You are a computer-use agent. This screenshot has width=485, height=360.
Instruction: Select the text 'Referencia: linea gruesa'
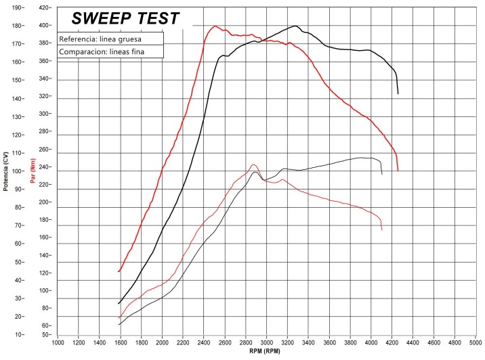100,39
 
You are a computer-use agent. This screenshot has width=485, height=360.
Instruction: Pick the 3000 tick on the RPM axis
267,343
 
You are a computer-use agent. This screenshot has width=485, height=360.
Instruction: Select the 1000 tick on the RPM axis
58,343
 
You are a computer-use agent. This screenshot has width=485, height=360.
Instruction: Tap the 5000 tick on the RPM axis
476,343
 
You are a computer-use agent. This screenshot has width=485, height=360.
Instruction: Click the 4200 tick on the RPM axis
392,343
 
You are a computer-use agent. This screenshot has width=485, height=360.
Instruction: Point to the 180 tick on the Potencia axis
16,26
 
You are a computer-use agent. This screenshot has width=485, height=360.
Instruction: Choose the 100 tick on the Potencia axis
16,171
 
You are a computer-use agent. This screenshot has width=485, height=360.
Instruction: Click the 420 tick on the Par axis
45,7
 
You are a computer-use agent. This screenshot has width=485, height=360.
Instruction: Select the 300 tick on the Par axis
45,114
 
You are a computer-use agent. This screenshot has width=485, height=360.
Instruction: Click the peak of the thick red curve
215,26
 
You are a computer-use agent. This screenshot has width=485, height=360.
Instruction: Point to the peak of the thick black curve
296,26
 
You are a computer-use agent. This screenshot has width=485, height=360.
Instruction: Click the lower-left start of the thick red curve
119,272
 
